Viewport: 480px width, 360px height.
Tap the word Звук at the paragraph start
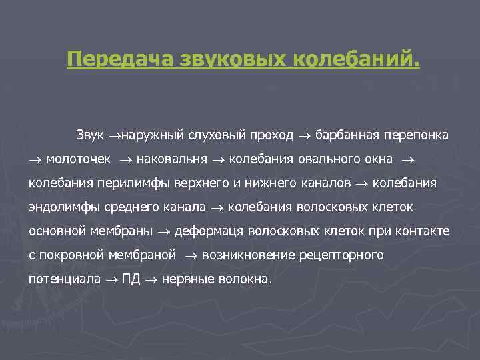click(x=90, y=135)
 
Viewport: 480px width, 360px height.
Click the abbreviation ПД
click(x=131, y=279)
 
